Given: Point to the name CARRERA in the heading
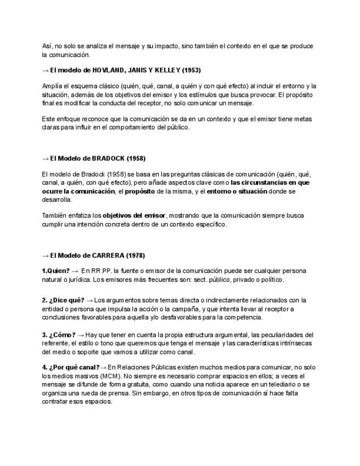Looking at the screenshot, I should (106, 256).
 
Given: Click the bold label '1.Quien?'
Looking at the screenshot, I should (56, 271).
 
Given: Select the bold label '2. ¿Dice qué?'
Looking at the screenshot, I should (60, 301).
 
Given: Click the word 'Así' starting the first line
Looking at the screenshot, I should (47, 46).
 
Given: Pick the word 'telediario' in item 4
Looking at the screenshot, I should (280, 385).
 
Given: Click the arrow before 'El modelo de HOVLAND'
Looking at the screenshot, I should (45, 70).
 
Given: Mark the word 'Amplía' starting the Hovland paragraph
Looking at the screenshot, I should (52, 86).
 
